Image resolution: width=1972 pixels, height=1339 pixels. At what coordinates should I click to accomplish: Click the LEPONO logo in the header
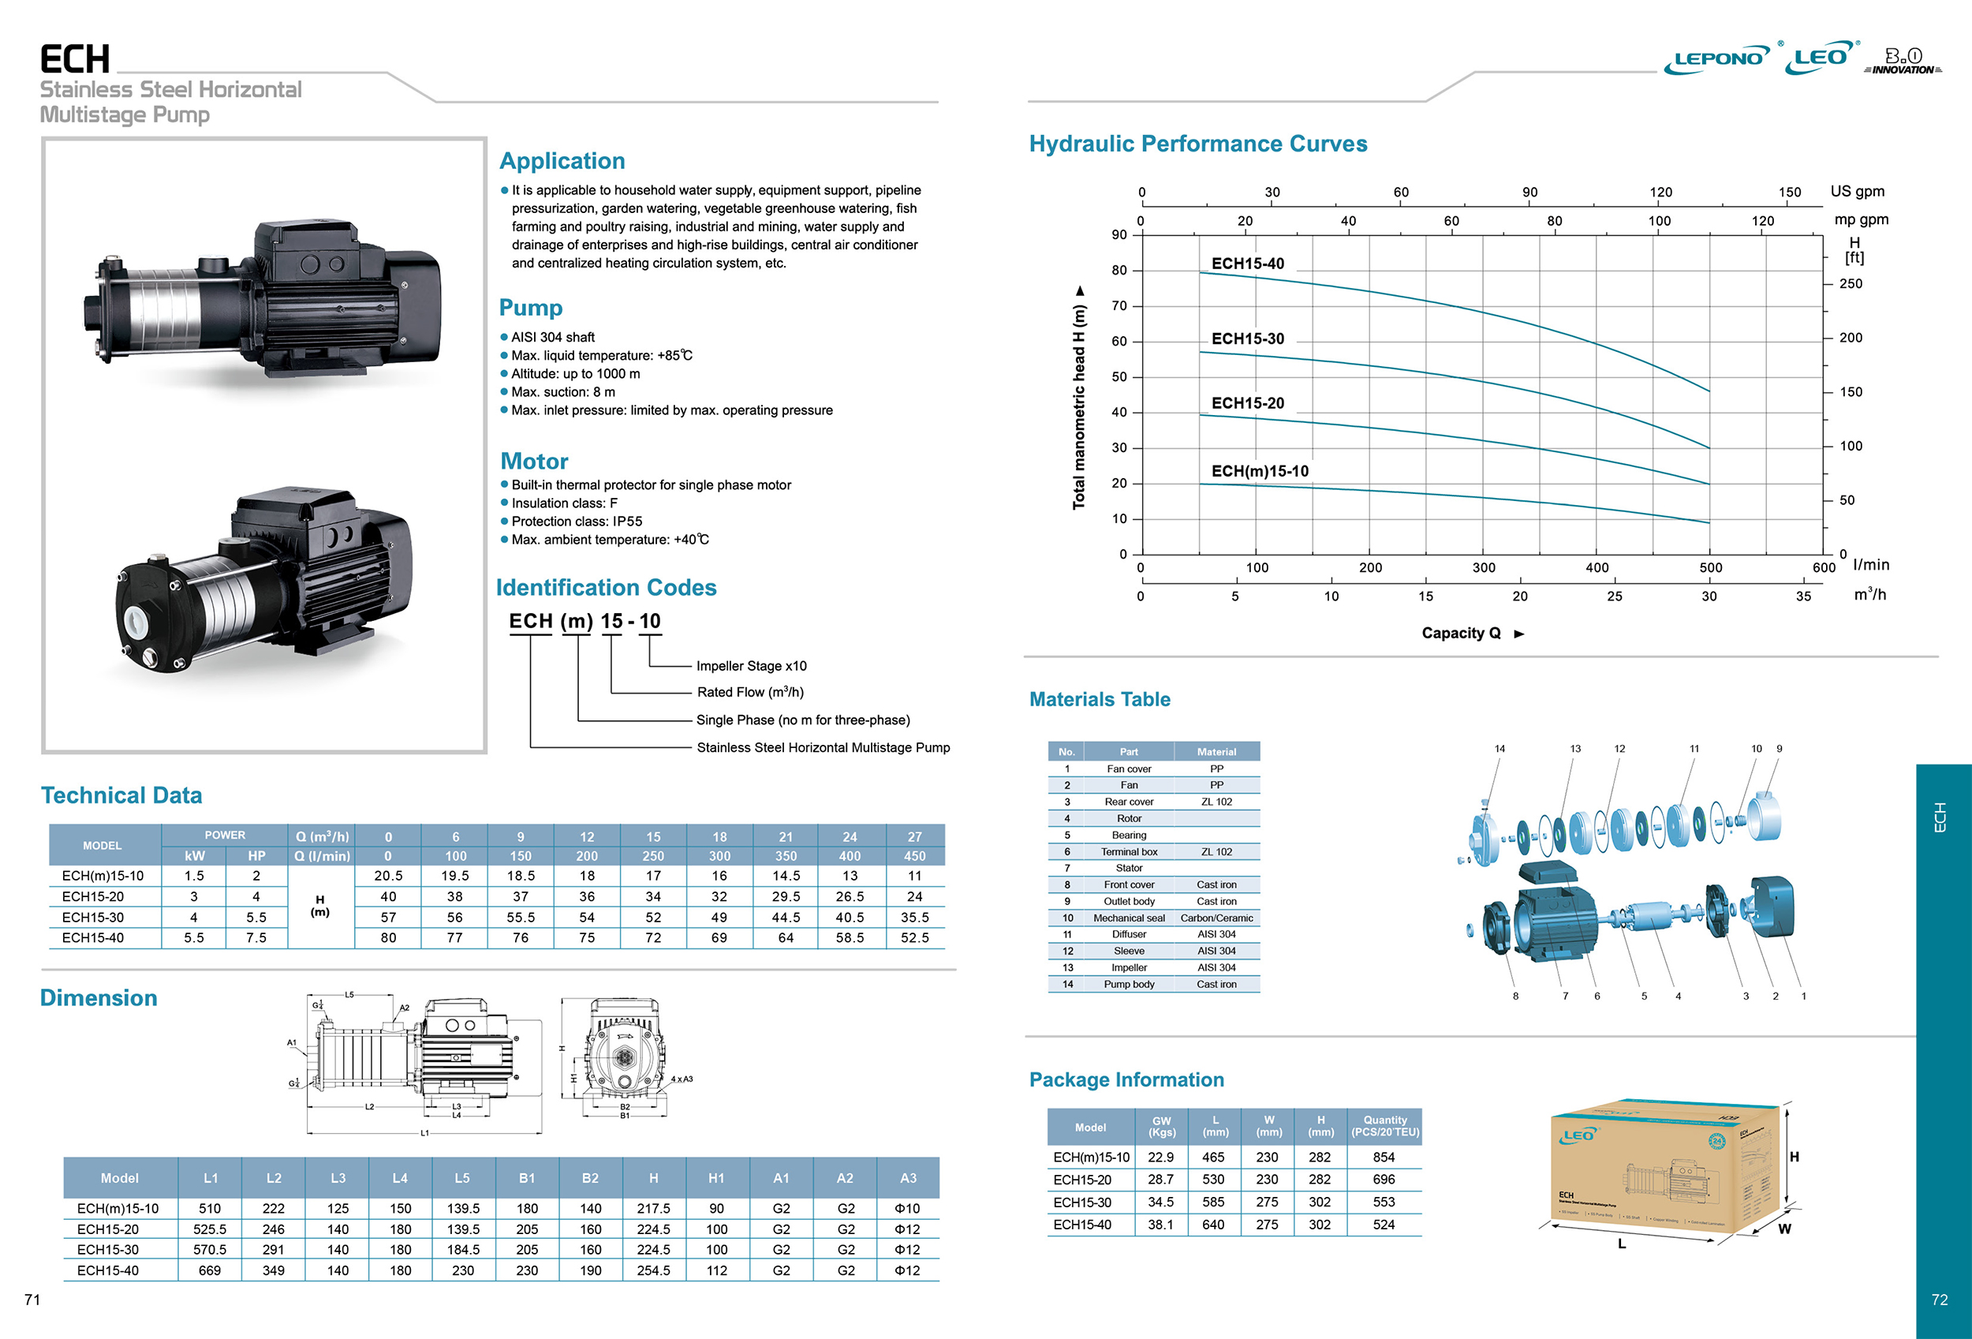coord(1716,58)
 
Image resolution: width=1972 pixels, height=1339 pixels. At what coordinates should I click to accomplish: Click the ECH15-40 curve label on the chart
coord(1247,264)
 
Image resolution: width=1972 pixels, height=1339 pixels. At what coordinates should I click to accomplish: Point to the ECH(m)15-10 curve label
coord(1259,471)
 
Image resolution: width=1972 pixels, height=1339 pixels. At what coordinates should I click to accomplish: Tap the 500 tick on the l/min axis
coord(1710,567)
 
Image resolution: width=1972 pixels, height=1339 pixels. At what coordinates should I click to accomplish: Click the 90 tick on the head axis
coord(1119,235)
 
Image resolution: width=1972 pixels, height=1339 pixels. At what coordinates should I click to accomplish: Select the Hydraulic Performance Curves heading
coord(1197,144)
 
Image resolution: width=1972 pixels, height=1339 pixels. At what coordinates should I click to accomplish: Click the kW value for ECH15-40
coord(193,937)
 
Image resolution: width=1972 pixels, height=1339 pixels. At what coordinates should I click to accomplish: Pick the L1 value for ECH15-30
coord(210,1250)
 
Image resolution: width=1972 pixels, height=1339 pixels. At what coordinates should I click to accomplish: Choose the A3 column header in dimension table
coord(908,1178)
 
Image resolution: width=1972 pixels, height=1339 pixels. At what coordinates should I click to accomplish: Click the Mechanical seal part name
coord(1129,918)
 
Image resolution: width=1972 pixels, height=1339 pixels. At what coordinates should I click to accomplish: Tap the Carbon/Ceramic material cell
coord(1216,918)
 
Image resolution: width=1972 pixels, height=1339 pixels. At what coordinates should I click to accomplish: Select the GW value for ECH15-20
coord(1160,1180)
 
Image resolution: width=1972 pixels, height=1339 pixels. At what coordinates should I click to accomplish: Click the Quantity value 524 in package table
coord(1383,1225)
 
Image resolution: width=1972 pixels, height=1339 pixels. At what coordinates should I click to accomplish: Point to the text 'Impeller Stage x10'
coord(751,666)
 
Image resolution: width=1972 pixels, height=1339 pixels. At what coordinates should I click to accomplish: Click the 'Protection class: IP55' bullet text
coord(576,521)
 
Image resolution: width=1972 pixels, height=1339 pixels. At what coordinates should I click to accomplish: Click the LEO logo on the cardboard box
coord(1578,1135)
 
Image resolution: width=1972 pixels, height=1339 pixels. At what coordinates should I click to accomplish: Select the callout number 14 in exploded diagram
coord(1500,749)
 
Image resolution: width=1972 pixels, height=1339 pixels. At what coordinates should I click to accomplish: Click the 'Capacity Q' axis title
coord(1461,633)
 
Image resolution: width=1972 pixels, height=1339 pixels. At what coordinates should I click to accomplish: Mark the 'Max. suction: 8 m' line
coord(562,392)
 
